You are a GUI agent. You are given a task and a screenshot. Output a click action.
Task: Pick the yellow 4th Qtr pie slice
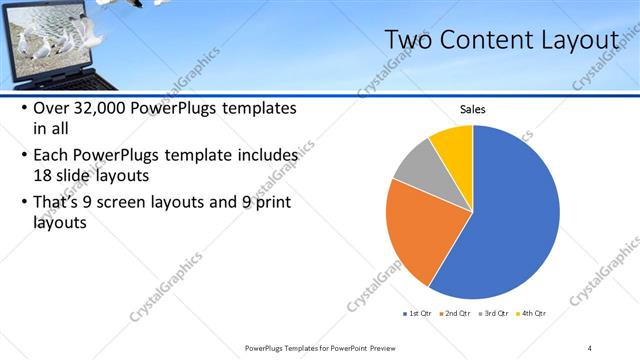coord(454,144)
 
